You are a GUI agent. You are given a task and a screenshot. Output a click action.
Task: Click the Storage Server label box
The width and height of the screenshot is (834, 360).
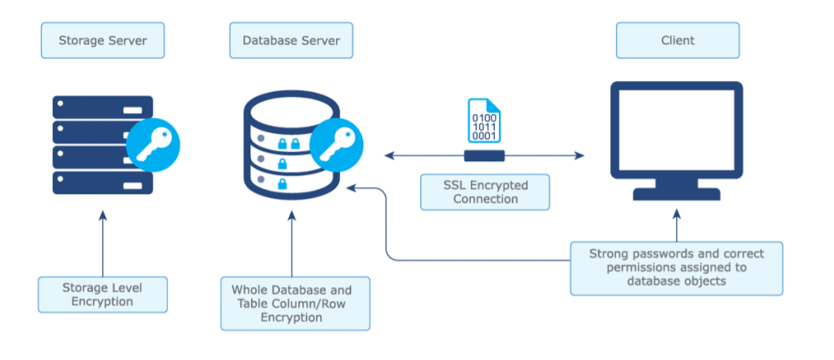(x=103, y=40)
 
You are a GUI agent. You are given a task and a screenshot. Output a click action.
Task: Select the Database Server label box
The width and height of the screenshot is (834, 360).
(x=291, y=40)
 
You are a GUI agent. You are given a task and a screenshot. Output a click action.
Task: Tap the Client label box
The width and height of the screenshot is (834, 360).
(x=678, y=40)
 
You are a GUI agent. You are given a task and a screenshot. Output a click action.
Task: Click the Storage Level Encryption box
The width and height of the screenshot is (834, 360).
(x=103, y=294)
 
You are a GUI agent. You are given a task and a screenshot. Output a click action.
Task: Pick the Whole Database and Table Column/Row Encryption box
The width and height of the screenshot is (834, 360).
(x=295, y=303)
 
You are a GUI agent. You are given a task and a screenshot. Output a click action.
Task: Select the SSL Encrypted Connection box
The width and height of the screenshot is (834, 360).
(x=485, y=192)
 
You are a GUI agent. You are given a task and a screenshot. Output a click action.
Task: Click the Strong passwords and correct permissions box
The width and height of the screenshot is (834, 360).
(x=676, y=267)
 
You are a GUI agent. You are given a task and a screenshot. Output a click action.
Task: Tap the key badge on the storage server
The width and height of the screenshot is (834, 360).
(x=153, y=145)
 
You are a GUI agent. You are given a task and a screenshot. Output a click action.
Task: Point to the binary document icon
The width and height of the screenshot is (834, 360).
(x=484, y=121)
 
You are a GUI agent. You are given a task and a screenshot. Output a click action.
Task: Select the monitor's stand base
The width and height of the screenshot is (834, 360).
(x=676, y=194)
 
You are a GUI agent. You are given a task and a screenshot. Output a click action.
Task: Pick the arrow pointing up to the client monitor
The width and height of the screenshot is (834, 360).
(x=676, y=224)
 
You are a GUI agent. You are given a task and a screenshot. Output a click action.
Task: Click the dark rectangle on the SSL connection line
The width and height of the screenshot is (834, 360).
(x=484, y=156)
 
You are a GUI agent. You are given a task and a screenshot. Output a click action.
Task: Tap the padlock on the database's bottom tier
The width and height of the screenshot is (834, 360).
(x=282, y=184)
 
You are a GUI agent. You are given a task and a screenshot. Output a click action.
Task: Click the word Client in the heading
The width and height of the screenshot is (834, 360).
(x=678, y=40)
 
